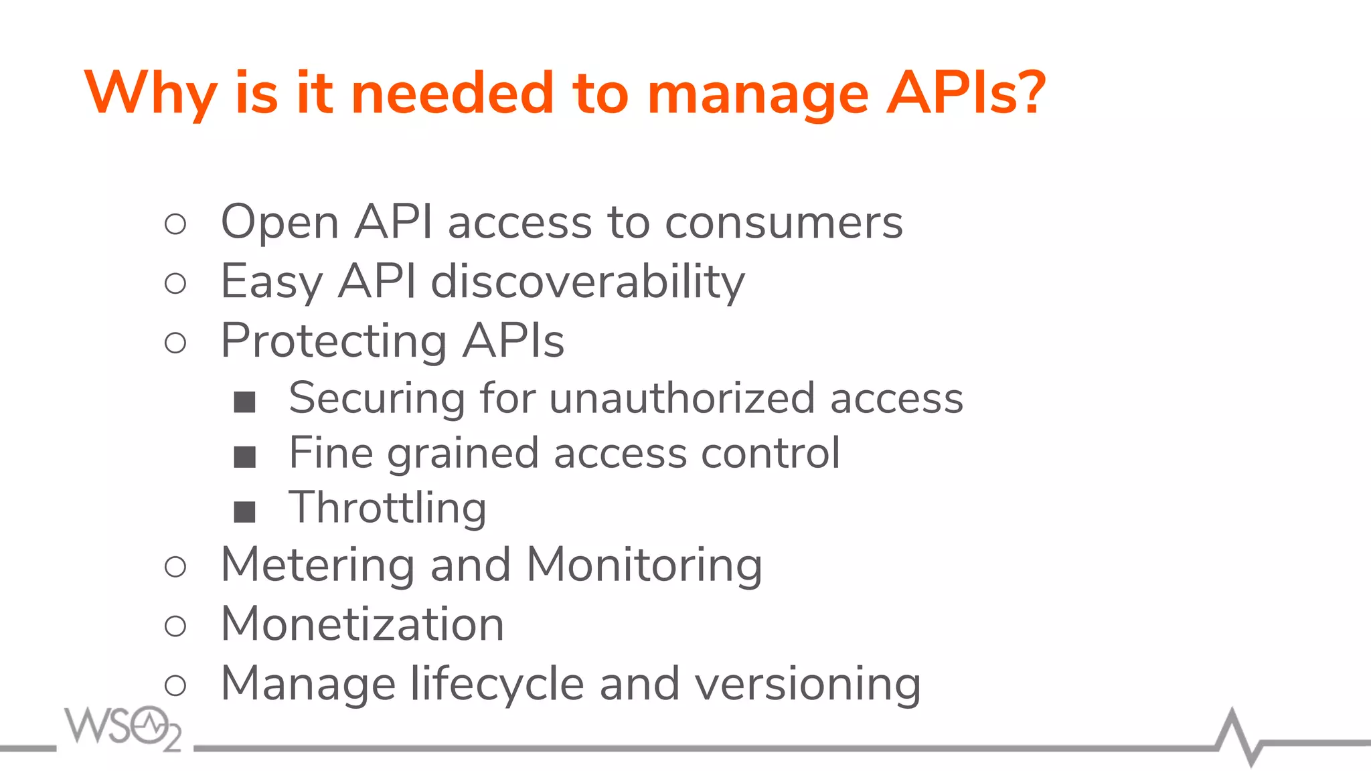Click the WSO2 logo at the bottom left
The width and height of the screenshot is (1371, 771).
123,727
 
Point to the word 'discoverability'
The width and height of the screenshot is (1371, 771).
587,282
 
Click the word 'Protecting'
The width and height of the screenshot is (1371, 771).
333,341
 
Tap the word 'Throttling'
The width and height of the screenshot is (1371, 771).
388,508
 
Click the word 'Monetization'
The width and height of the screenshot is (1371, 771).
362,624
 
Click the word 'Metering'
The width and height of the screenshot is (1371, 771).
317,565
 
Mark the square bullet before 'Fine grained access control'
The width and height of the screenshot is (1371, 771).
244,457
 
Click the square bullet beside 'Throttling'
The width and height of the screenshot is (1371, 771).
244,512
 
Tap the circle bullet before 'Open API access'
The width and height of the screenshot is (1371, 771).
175,224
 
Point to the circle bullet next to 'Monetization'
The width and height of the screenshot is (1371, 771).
175,626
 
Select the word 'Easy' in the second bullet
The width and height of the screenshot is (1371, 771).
271,282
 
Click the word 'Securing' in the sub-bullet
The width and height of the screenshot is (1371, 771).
376,398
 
